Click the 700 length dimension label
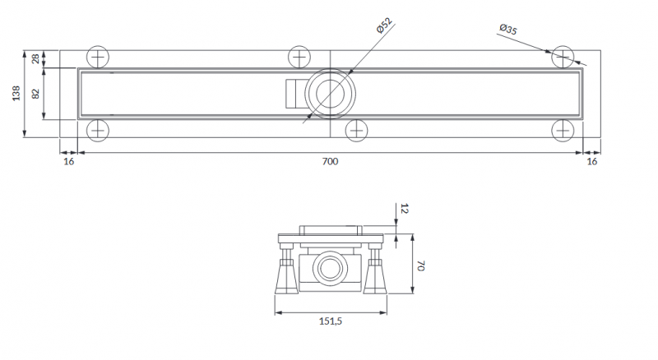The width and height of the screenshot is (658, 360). pyautogui.click(x=330, y=162)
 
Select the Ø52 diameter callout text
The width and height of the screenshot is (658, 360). pyautogui.click(x=383, y=24)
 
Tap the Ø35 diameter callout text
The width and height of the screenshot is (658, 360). pyautogui.click(x=508, y=30)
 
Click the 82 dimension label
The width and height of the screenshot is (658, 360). pyautogui.click(x=35, y=94)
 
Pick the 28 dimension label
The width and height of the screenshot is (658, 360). pyautogui.click(x=35, y=58)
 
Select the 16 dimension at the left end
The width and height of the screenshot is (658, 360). pyautogui.click(x=68, y=162)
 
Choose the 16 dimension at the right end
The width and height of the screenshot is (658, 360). pyautogui.click(x=591, y=162)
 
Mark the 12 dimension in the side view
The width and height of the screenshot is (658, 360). pyautogui.click(x=403, y=210)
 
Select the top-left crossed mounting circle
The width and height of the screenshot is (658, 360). pyautogui.click(x=97, y=58)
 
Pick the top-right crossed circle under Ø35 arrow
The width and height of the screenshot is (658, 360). pyautogui.click(x=563, y=57)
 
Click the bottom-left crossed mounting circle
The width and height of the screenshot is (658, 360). pyautogui.click(x=97, y=129)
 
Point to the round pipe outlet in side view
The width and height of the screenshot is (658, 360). pyautogui.click(x=331, y=268)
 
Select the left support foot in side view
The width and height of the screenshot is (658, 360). pyautogui.click(x=285, y=275)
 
